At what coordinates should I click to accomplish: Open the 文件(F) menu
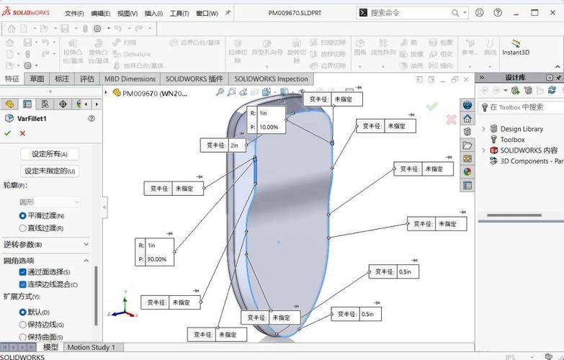[74, 13]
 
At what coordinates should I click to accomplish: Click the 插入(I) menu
[153, 13]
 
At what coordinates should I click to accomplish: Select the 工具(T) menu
[180, 13]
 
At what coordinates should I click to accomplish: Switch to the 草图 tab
[37, 78]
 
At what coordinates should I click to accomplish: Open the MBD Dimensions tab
[130, 78]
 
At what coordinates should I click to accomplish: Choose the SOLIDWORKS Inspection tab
[271, 78]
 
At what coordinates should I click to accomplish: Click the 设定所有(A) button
[49, 154]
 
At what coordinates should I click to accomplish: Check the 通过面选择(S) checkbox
[23, 272]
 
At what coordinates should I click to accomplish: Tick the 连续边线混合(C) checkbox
[23, 284]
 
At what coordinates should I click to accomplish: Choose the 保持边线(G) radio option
[23, 325]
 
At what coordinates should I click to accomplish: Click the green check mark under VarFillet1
[7, 133]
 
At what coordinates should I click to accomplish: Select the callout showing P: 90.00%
[156, 259]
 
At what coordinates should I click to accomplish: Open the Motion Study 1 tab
[91, 347]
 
